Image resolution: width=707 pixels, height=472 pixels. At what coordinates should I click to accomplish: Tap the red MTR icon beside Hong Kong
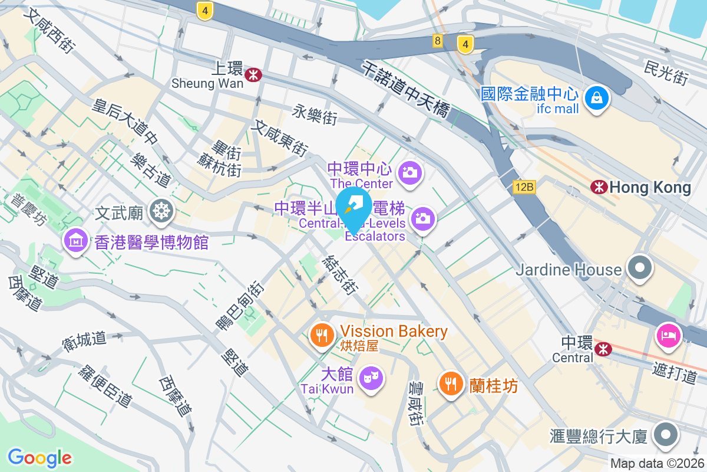(x=600, y=188)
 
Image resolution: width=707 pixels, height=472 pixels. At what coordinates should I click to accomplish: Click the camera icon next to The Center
(x=409, y=173)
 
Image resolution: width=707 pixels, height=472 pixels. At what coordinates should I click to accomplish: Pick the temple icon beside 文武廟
(x=160, y=211)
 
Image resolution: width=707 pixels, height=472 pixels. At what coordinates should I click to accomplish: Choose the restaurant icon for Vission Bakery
(x=321, y=336)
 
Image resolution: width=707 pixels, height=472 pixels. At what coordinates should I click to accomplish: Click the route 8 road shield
(x=437, y=41)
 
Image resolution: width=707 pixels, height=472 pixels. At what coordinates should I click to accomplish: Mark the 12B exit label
(x=523, y=187)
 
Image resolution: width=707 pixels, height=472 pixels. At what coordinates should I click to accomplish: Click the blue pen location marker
(x=353, y=206)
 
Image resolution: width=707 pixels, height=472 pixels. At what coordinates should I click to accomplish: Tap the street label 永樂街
(x=315, y=114)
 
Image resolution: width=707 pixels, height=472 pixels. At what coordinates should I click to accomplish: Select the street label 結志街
(x=341, y=274)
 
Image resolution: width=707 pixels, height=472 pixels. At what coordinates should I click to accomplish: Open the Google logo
(x=39, y=457)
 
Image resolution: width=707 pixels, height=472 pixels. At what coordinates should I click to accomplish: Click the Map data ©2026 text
(x=657, y=464)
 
